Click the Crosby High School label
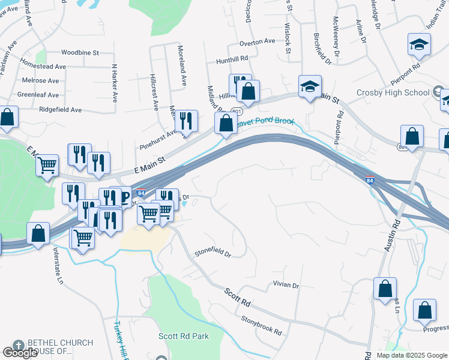click(x=393, y=92)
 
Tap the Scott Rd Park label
click(x=184, y=336)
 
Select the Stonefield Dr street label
click(x=212, y=254)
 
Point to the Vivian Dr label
click(x=286, y=284)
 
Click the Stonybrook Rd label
click(x=261, y=325)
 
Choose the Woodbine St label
click(x=79, y=53)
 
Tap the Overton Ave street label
click(x=257, y=43)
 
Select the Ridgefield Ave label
click(x=60, y=110)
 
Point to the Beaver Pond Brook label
click(x=264, y=122)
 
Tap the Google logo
click(x=20, y=353)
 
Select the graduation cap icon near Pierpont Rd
click(x=419, y=44)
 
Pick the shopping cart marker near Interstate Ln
click(x=83, y=237)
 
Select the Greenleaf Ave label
click(x=38, y=95)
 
